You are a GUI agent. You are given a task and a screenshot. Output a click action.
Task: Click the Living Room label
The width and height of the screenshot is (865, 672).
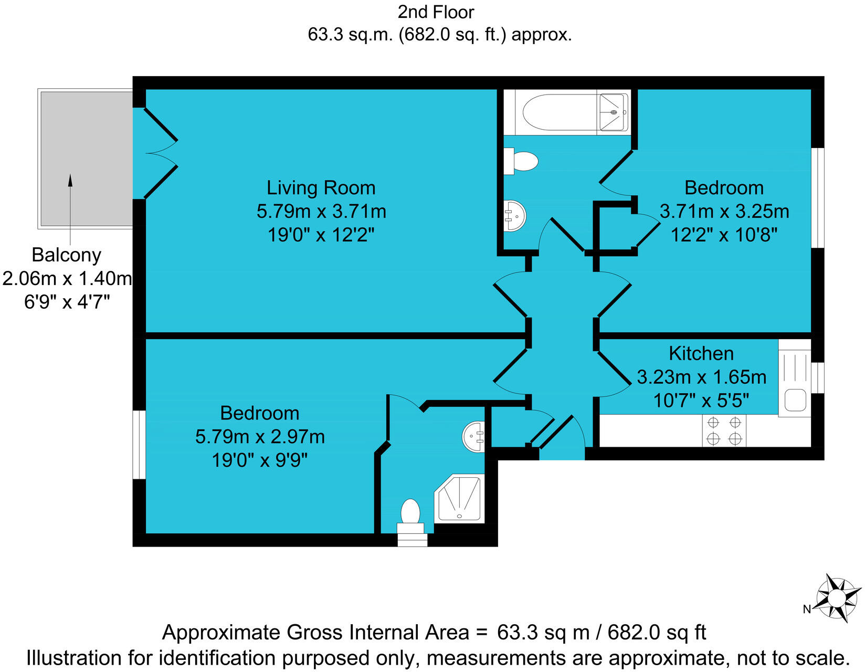[x=321, y=188]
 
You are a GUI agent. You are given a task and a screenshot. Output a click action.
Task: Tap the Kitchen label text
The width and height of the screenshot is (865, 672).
[x=701, y=353]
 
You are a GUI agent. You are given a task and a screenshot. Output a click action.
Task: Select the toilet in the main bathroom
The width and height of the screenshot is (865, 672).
[x=522, y=161]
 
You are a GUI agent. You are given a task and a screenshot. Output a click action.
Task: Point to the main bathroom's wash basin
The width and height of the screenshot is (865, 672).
[x=514, y=216]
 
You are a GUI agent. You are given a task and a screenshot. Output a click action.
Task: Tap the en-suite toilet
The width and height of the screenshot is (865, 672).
[x=410, y=514]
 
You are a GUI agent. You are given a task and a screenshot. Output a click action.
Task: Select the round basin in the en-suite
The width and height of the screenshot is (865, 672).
[x=473, y=436]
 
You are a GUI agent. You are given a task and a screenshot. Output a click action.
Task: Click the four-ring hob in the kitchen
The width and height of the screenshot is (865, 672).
[x=724, y=430]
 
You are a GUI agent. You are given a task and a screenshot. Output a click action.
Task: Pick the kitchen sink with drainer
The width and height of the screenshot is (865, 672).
[x=795, y=378]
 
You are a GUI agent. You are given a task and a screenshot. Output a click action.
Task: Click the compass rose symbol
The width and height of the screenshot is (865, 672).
[x=838, y=597]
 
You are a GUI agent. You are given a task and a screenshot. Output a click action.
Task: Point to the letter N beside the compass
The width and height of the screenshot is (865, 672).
[x=807, y=609]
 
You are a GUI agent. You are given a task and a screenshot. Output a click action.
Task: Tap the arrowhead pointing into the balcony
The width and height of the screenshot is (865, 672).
[x=70, y=180]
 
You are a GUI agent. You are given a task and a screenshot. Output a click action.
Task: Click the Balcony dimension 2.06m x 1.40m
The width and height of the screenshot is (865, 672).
[x=67, y=278]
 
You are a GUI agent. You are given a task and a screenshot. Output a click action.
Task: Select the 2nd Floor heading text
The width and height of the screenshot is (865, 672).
[x=436, y=12]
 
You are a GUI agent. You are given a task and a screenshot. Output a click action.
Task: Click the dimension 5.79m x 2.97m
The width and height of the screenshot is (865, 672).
[x=260, y=437]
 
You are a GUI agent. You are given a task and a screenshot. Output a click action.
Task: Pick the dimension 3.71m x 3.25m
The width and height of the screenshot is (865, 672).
[x=724, y=212]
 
